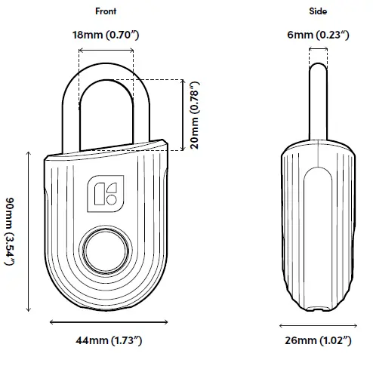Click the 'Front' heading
pos(106,11)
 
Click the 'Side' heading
pos(318,11)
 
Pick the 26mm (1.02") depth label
pos(318,342)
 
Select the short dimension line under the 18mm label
pos(106,51)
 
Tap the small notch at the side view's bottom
pos(318,307)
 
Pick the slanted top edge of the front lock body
pos(106,148)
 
